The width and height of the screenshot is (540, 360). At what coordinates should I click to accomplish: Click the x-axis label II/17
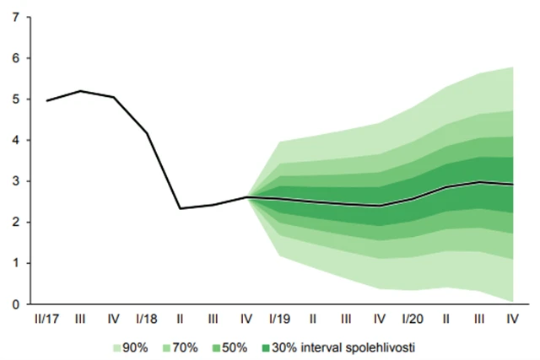point(47,319)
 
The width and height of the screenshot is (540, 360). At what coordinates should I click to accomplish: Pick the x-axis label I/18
point(147,319)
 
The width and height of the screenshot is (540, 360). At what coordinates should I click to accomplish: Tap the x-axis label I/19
point(279,319)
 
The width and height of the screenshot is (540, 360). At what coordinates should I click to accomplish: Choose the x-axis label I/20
point(412,319)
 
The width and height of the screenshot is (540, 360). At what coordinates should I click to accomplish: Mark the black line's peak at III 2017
point(80,91)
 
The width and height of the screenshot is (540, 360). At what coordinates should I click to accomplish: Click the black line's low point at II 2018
point(180,208)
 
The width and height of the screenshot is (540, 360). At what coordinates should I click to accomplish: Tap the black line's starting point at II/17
point(47,100)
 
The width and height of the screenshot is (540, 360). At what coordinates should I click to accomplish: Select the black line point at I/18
point(147,132)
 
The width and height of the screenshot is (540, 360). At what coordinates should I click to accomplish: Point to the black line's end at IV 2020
point(511,184)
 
